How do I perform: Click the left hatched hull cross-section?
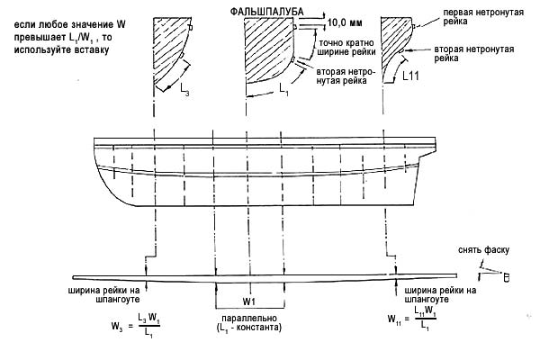(x=167, y=49)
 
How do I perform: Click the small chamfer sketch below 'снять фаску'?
(x=492, y=273)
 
